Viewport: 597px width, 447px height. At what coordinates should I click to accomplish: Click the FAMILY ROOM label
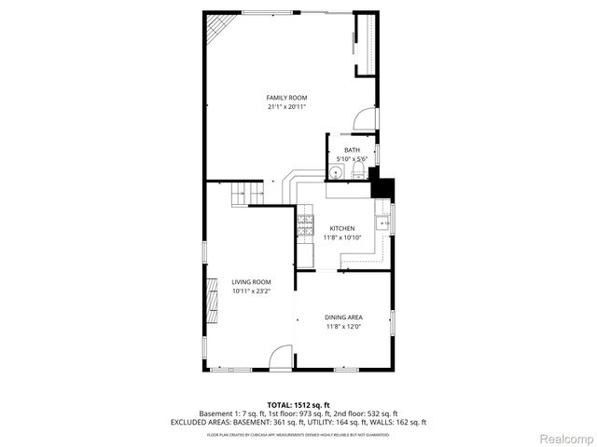point(286,98)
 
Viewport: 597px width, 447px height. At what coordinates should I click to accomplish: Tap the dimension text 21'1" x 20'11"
point(286,107)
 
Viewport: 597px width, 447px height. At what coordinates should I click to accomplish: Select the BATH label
point(352,150)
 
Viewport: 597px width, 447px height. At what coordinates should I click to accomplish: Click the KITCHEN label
point(341,228)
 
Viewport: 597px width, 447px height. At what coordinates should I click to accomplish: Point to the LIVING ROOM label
point(251,282)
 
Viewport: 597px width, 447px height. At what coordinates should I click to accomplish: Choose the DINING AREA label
point(343,317)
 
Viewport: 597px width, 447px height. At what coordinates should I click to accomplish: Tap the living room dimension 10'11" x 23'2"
point(251,291)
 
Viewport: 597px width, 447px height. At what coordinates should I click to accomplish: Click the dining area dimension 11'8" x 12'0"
point(343,326)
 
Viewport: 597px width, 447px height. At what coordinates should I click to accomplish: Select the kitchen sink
point(382,223)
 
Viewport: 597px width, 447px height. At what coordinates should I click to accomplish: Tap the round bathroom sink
point(337,172)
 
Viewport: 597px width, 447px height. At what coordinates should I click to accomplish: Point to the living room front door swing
point(280,359)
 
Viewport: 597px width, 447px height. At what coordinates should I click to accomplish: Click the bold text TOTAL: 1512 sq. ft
point(298,405)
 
